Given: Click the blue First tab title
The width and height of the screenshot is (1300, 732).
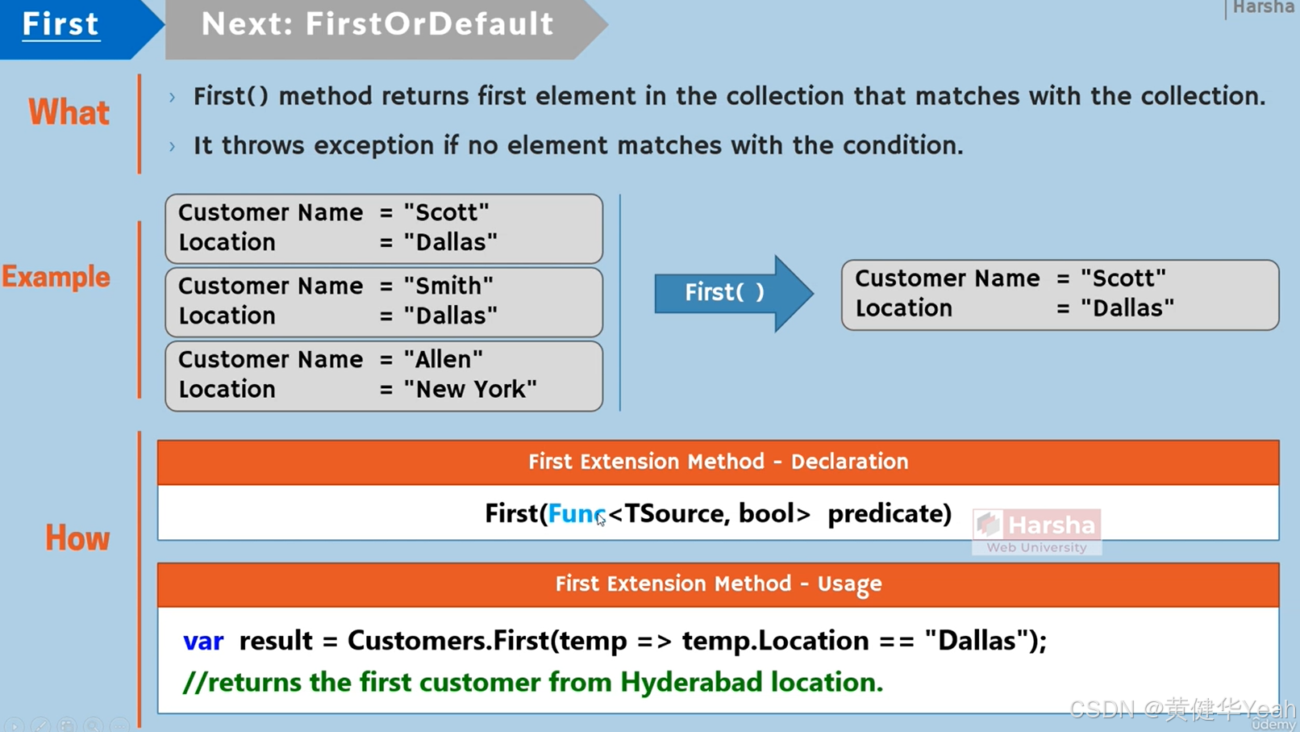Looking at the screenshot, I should click(60, 24).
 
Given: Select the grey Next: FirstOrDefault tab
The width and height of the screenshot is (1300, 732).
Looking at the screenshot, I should click(377, 24).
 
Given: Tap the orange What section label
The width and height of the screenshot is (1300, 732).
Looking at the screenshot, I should click(69, 112).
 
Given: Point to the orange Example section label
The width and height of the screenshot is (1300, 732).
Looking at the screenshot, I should click(56, 277).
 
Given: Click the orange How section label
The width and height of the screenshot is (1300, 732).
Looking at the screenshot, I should click(77, 538).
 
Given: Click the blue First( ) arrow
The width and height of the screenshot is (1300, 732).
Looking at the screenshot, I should click(725, 292).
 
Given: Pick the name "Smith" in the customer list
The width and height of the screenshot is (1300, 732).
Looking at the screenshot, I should click(448, 286).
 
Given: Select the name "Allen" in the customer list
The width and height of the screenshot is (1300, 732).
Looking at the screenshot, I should click(444, 359).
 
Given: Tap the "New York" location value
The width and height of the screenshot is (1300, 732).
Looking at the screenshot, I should click(470, 389).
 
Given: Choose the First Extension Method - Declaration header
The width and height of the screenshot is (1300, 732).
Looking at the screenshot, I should click(718, 462).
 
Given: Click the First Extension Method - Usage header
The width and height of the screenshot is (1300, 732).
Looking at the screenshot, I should click(718, 584).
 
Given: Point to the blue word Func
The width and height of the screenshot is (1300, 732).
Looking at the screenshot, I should click(576, 513).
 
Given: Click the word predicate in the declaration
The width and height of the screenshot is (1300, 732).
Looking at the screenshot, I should click(890, 513).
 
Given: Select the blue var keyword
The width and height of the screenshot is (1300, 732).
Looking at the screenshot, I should click(203, 641).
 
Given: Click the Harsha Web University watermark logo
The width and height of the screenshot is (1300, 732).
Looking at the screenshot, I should click(1036, 531).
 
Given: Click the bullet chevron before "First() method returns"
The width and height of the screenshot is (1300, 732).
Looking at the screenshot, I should click(172, 98).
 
